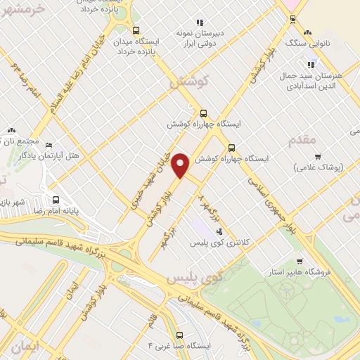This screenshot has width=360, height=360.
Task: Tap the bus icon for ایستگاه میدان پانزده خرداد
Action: click(x=136, y=30)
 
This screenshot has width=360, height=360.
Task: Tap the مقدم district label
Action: click(x=303, y=141)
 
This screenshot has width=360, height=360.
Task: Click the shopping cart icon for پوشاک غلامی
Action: click(x=318, y=156)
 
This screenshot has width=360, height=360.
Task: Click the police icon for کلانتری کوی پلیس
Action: click(x=220, y=231)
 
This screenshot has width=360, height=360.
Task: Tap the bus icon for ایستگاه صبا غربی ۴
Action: click(x=180, y=335)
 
